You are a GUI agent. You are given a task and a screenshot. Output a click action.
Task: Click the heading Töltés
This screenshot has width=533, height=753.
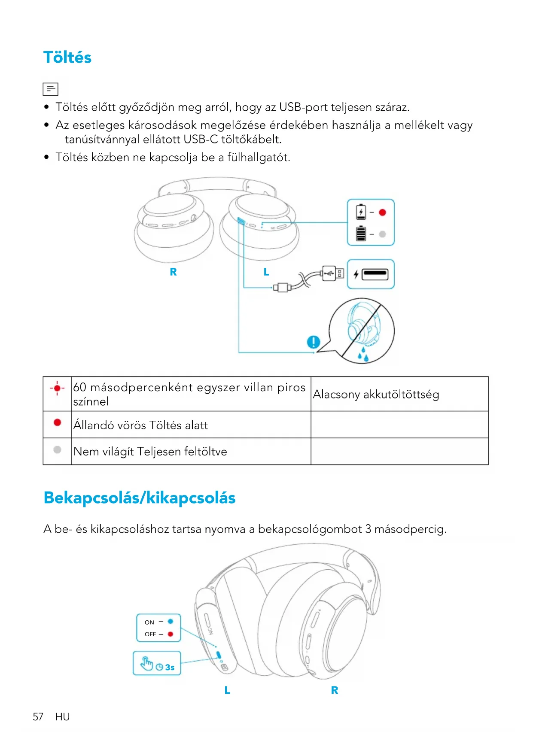click(x=67, y=58)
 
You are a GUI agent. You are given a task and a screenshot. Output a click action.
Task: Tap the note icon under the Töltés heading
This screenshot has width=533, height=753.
click(x=50, y=89)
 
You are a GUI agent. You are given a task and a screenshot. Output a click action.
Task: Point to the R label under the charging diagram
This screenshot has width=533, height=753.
click(x=173, y=272)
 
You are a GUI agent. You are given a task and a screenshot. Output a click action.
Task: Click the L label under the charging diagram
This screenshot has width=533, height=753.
click(x=266, y=272)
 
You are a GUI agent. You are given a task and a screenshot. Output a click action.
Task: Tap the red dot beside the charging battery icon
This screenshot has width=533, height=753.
click(x=382, y=212)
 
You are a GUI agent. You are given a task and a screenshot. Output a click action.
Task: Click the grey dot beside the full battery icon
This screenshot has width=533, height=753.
click(x=382, y=234)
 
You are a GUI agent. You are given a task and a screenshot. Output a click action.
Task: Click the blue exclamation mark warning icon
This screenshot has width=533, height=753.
click(x=314, y=342)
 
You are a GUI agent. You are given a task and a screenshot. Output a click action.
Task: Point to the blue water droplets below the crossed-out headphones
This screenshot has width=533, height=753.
click(x=363, y=355)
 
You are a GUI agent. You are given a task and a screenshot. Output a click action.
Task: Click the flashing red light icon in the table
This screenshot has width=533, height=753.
click(x=57, y=388)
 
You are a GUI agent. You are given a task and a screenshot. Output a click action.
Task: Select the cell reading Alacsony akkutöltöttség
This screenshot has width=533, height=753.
click(x=376, y=394)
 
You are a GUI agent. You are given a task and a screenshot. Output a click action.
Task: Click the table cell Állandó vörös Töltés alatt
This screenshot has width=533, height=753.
click(x=141, y=425)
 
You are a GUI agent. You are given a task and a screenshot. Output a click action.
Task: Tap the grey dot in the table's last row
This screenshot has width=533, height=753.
click(x=57, y=449)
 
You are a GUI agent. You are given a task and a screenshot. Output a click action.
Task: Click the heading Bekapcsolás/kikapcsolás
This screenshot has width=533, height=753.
click(x=140, y=498)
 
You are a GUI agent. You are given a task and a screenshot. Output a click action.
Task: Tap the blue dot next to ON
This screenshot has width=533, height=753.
click(x=171, y=621)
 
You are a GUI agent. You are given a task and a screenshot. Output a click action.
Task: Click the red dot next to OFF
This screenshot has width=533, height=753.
click(x=171, y=634)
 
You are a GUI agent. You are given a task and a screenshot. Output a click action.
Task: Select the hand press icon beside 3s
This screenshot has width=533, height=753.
click(x=147, y=663)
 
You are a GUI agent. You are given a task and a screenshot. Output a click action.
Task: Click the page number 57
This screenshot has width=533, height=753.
click(x=38, y=717)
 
